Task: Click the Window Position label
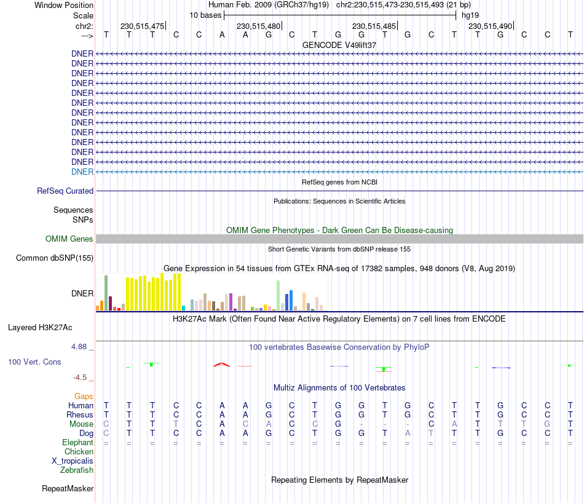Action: (64, 5)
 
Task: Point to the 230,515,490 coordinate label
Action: (490, 26)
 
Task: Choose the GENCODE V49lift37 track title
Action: (339, 45)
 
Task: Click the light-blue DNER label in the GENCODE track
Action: (82, 172)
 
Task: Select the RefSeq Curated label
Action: (65, 191)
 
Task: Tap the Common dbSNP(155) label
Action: (55, 258)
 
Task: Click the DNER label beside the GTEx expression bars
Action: (82, 293)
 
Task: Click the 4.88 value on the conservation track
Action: (81, 347)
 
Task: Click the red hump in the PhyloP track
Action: (222, 365)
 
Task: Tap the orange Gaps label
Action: (84, 397)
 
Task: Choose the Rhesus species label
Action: (80, 415)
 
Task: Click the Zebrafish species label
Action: (77, 470)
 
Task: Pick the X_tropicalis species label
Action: (73, 461)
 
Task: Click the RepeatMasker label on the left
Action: (68, 489)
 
